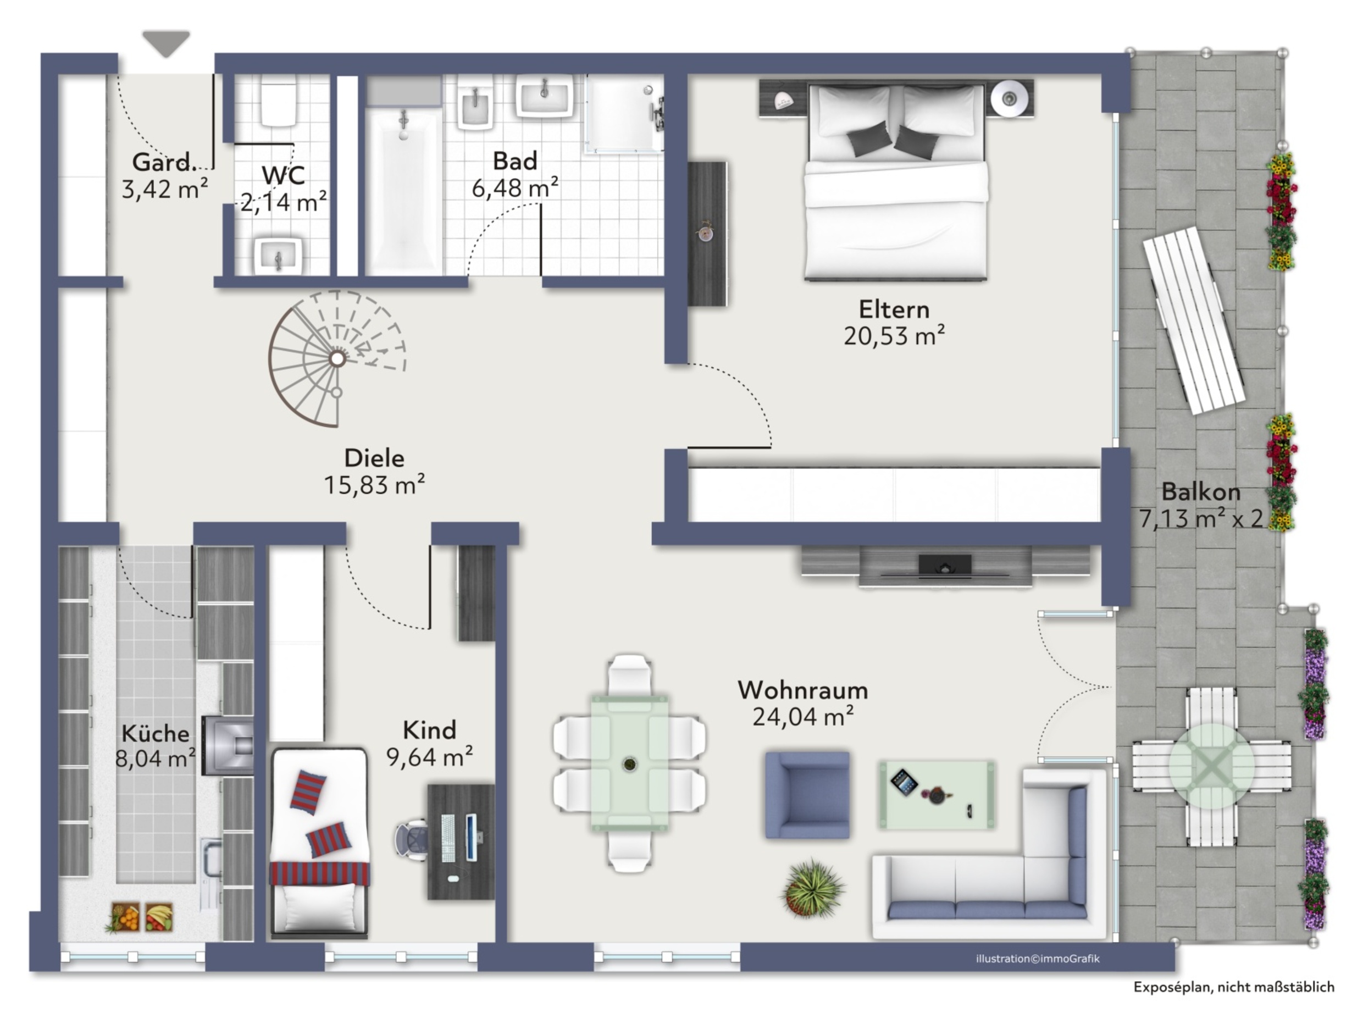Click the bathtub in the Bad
coord(403,191)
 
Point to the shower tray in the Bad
coord(624,113)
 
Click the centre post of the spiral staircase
coord(337,358)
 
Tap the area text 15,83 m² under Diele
coord(375,485)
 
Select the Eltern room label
coord(894,309)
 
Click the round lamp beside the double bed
coord(1009,97)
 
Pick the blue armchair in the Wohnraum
coord(807,795)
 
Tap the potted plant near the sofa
coord(813,888)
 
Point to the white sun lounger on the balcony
coord(1194,320)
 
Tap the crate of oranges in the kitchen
coord(125,917)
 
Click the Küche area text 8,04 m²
coord(156,758)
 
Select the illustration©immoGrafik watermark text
coord(1038,959)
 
